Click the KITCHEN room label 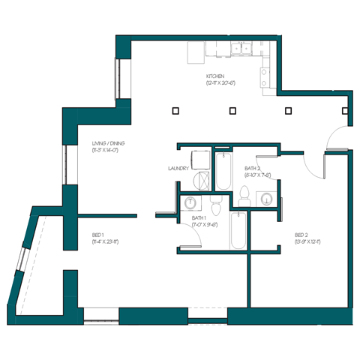point(215,76)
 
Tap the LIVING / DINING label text point(105,144)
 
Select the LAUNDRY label point(178,169)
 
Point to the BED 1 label point(99,235)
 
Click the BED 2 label point(302,235)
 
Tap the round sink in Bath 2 point(267,198)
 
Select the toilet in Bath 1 point(215,204)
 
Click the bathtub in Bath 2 point(223,170)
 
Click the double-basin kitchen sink point(241,50)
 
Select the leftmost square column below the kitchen point(175,111)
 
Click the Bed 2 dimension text point(302,242)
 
